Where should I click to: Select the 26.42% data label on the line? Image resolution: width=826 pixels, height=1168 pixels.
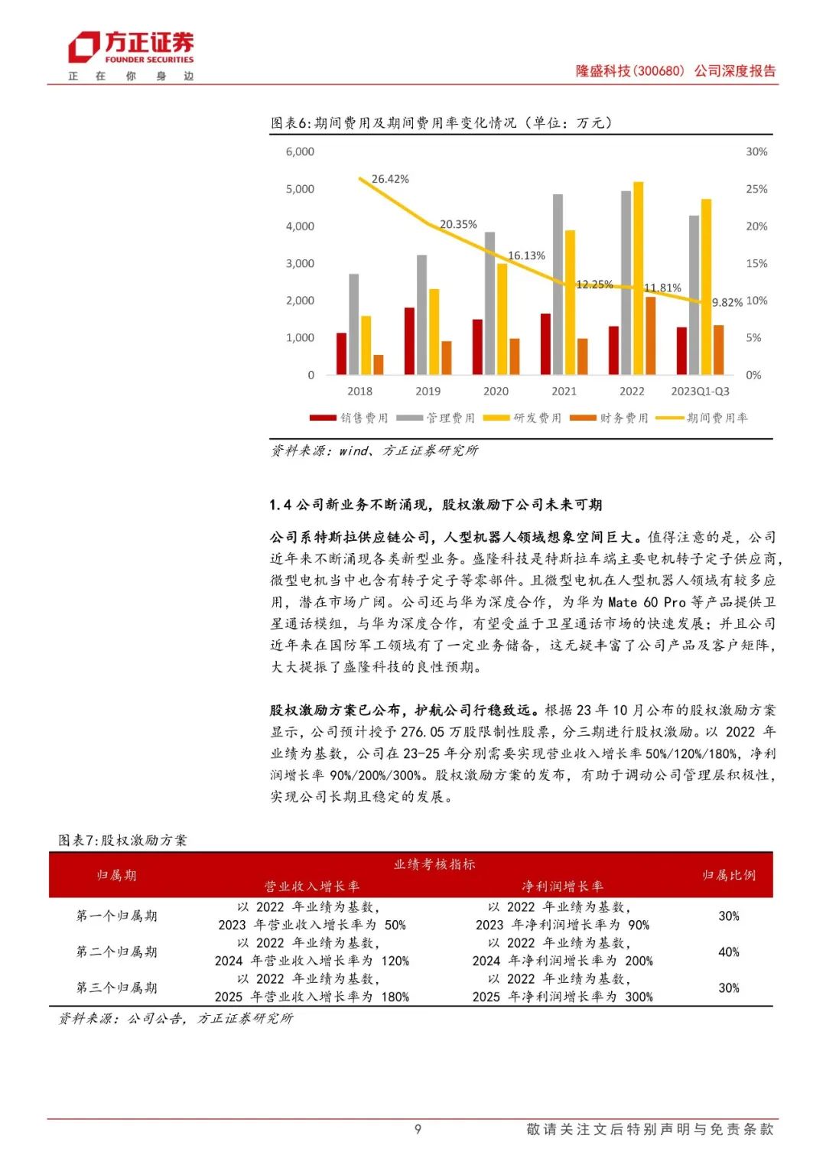tap(390, 179)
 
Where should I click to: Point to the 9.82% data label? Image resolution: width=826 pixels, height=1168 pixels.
tap(727, 303)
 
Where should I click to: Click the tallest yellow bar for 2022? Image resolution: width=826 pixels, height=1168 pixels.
tap(639, 278)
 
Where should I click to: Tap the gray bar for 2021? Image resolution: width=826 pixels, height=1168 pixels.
tap(558, 285)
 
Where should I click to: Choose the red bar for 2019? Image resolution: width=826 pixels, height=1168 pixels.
tap(409, 341)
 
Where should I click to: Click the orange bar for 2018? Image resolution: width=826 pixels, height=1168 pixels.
tap(379, 365)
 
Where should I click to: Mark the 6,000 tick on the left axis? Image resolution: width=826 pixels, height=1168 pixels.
tap(300, 151)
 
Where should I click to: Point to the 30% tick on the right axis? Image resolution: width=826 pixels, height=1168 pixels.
tap(756, 151)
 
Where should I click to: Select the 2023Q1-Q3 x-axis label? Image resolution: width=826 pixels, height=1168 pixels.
tap(700, 391)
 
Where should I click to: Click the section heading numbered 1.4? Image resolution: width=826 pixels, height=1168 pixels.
tap(435, 505)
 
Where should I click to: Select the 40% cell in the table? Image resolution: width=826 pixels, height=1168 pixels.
tap(729, 952)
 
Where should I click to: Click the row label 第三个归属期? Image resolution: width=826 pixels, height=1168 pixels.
tap(116, 987)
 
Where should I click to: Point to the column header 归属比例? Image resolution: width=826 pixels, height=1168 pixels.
tap(729, 875)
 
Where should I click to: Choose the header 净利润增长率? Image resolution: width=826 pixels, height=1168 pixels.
tap(562, 887)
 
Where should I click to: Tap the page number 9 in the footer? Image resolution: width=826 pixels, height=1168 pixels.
tap(418, 1129)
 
